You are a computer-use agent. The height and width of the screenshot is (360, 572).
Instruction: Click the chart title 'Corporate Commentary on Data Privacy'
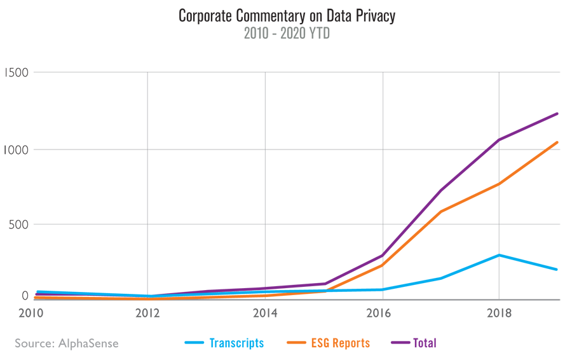[x=287, y=16]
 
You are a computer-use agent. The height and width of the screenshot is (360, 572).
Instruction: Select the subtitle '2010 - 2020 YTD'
[x=287, y=34]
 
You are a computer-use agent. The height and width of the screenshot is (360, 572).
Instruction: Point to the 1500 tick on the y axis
[x=17, y=73]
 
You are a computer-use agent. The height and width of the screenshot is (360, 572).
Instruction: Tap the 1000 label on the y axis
[x=17, y=149]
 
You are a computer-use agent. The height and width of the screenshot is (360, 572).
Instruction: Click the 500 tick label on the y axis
[x=18, y=225]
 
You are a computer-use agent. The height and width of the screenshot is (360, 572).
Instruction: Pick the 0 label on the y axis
[x=25, y=296]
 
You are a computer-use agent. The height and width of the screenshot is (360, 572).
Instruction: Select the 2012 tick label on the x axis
[x=147, y=313]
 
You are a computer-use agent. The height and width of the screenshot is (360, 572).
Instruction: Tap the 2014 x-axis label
[x=265, y=313]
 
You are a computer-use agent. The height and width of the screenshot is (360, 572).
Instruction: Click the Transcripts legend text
[x=236, y=343]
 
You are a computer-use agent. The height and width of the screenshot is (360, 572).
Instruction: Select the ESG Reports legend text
[x=340, y=343]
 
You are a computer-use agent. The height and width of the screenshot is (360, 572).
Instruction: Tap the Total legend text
[x=425, y=343]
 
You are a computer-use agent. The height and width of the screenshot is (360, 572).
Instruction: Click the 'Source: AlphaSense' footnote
[x=67, y=343]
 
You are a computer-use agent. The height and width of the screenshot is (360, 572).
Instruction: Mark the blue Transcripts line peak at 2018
[x=500, y=255]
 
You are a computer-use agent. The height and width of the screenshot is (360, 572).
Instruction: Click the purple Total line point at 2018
[x=500, y=140]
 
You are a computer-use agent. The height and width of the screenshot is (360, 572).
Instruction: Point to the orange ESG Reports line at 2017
[x=441, y=211]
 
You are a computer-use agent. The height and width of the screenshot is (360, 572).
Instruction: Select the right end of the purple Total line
[x=557, y=114]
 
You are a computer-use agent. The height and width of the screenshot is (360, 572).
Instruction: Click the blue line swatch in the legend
[x=194, y=343]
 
